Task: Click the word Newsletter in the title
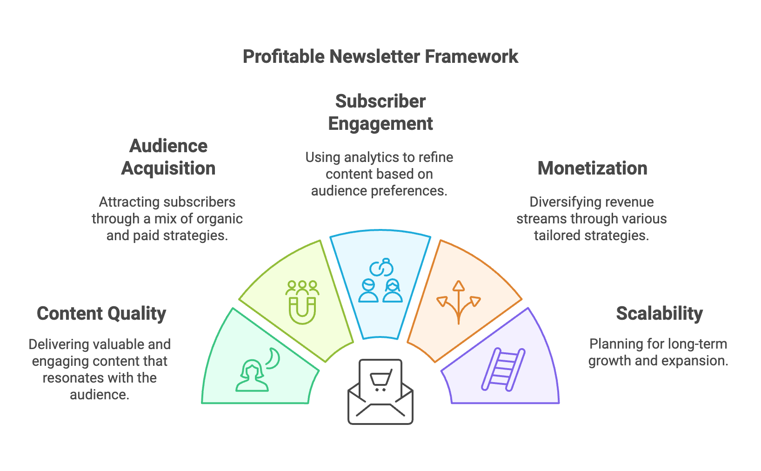[374, 56]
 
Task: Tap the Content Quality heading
[101, 314]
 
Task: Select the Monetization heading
[593, 168]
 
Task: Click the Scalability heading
[660, 314]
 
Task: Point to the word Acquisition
[168, 168]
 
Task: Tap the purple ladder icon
[503, 370]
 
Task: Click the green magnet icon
[302, 310]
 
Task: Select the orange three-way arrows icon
[459, 302]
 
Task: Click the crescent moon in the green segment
[274, 358]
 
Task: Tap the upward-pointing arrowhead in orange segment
[459, 286]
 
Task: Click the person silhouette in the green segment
[252, 376]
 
